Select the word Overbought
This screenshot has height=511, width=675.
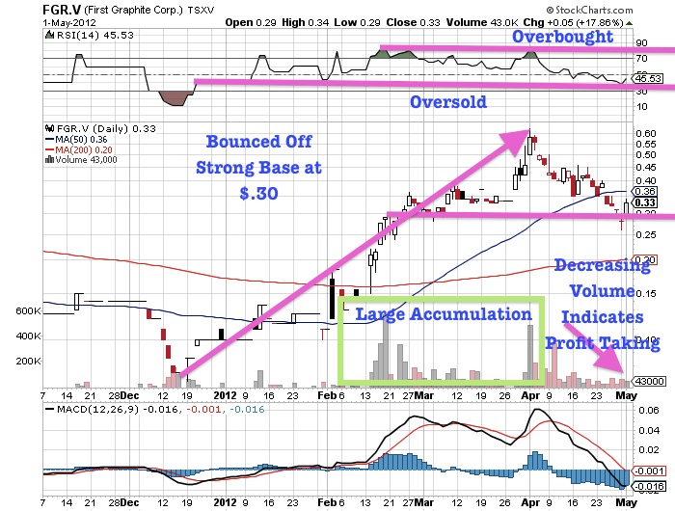(x=562, y=37)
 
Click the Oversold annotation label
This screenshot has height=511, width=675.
(x=447, y=101)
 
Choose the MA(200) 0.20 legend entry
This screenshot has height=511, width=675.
(x=82, y=149)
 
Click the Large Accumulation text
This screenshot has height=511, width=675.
(x=443, y=314)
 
